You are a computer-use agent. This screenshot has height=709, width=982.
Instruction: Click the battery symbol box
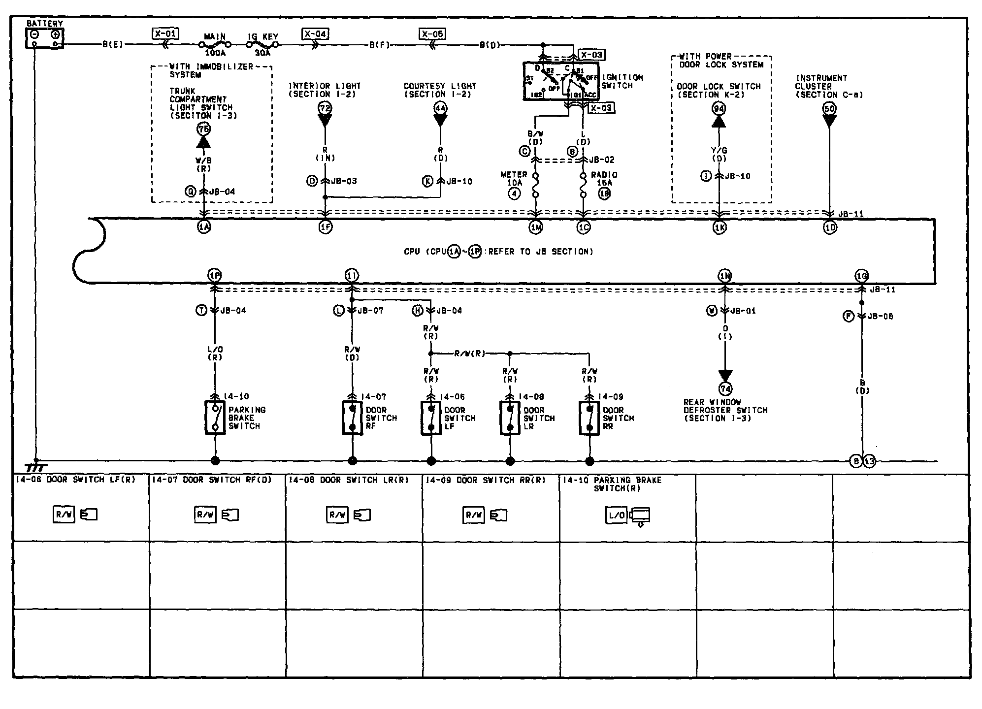click(x=44, y=38)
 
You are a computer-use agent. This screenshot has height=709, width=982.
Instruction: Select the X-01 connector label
click(x=165, y=33)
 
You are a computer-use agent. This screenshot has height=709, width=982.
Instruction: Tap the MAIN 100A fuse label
click(x=215, y=44)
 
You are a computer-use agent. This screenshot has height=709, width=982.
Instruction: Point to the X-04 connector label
click(x=315, y=33)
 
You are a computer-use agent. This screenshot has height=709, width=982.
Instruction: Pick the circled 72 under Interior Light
click(x=325, y=108)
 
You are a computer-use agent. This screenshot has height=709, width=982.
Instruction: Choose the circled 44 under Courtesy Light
click(x=440, y=108)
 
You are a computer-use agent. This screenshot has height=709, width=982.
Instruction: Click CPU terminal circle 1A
click(x=204, y=227)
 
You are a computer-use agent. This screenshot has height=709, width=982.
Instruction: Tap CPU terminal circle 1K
click(x=720, y=227)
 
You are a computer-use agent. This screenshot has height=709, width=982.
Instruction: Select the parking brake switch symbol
click(x=215, y=418)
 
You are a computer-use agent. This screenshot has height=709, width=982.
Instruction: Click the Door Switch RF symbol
click(x=352, y=418)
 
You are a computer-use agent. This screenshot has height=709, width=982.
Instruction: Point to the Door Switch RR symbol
click(x=589, y=418)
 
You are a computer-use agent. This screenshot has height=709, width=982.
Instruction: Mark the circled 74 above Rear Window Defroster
click(x=725, y=389)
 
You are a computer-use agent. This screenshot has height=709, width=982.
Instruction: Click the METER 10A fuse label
click(x=514, y=179)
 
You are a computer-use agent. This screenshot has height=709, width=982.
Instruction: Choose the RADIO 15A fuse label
click(x=604, y=179)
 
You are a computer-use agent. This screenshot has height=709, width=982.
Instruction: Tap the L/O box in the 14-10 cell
click(x=616, y=515)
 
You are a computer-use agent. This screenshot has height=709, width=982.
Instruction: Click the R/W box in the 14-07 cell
click(x=205, y=515)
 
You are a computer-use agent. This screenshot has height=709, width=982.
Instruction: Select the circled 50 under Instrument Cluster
click(x=830, y=108)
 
